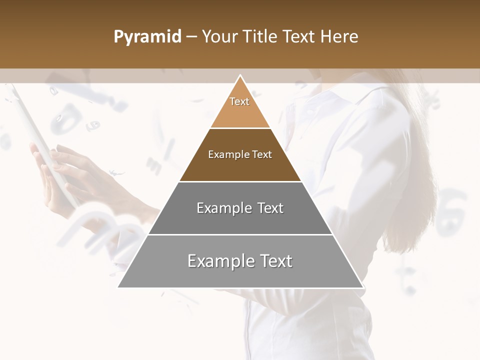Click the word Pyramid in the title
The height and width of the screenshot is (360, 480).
point(147,37)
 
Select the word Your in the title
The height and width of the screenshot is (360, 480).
point(219,37)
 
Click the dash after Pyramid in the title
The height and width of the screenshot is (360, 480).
point(191,37)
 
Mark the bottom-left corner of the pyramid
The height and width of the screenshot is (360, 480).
point(118,287)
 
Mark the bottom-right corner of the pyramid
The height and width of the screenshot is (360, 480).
point(362,287)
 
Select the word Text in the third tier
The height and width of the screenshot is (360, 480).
point(267,208)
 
